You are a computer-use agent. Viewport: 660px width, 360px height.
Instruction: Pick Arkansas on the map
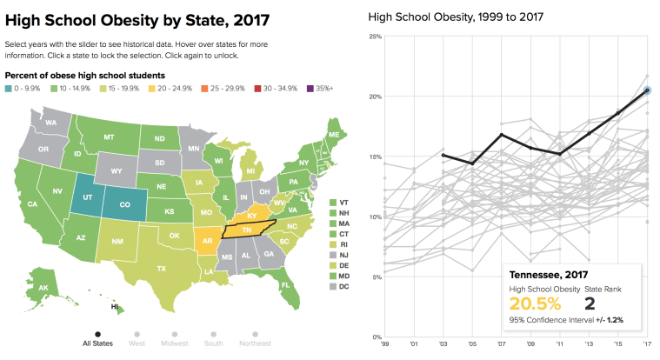(x=207, y=240)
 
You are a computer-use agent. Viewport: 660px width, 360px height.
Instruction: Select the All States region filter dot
(x=97, y=333)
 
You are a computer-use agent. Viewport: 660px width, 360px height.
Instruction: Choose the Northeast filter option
(x=256, y=333)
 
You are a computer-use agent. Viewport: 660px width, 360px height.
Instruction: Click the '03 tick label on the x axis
(x=443, y=344)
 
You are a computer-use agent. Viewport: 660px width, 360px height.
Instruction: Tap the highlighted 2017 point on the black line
(x=647, y=90)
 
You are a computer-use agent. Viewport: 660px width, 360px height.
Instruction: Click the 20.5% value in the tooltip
(x=537, y=303)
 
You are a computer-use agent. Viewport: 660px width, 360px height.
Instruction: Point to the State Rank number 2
(x=590, y=303)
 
